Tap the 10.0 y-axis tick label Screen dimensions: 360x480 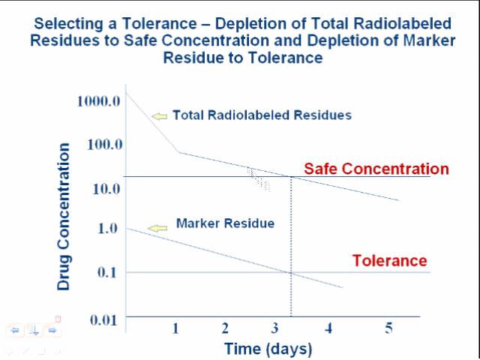(x=106, y=187)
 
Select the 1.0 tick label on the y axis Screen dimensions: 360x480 (x=108, y=228)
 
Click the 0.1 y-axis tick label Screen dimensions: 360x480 (x=108, y=271)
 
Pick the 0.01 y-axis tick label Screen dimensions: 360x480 (x=104, y=320)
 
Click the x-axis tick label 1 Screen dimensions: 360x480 (x=175, y=328)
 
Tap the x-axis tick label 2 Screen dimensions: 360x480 (x=225, y=328)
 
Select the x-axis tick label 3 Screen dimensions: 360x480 (x=275, y=328)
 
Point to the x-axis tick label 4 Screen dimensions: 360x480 (x=328, y=328)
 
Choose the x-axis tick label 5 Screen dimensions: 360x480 (x=388, y=328)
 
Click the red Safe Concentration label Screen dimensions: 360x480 (x=376, y=169)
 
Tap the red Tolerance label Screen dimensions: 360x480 (x=389, y=261)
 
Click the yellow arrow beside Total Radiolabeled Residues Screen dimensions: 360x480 (x=159, y=115)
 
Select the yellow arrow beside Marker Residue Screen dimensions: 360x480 (x=157, y=228)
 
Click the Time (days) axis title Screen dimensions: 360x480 (x=268, y=349)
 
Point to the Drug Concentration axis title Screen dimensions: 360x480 (x=64, y=217)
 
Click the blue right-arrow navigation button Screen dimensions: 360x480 (x=52, y=330)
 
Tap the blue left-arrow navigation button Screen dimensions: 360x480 (x=15, y=330)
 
